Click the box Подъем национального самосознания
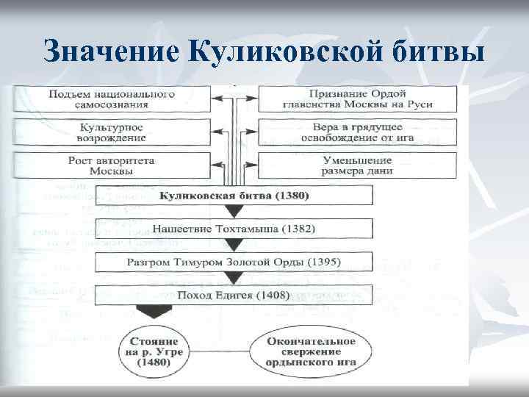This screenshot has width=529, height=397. (x=112, y=99)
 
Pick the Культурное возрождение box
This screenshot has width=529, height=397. (x=112, y=133)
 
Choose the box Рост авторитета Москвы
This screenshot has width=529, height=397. (x=112, y=166)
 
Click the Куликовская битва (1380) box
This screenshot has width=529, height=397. (x=234, y=196)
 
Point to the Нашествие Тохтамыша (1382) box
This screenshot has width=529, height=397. (x=234, y=229)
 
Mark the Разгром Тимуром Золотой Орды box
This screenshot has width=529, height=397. (x=234, y=262)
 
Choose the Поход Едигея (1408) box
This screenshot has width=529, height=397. (x=234, y=295)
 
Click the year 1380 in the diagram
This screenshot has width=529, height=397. (x=292, y=196)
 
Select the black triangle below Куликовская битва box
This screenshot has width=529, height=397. (x=234, y=212)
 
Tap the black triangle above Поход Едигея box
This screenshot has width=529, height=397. (x=234, y=279)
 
